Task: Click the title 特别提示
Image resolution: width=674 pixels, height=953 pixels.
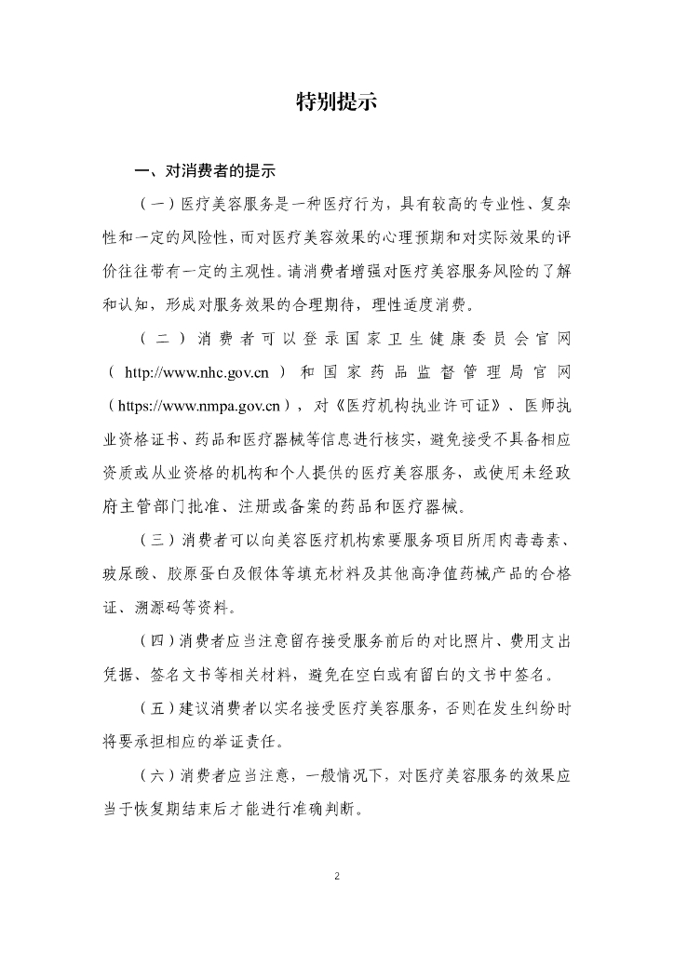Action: click(336, 102)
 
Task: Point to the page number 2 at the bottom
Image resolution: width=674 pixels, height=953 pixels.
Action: click(337, 876)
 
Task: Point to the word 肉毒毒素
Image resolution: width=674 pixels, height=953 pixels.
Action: click(537, 541)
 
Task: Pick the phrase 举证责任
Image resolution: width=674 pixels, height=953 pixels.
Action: click(249, 743)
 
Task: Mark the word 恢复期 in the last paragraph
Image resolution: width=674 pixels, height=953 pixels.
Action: click(169, 809)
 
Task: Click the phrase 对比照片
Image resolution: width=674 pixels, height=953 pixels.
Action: click(449, 641)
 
